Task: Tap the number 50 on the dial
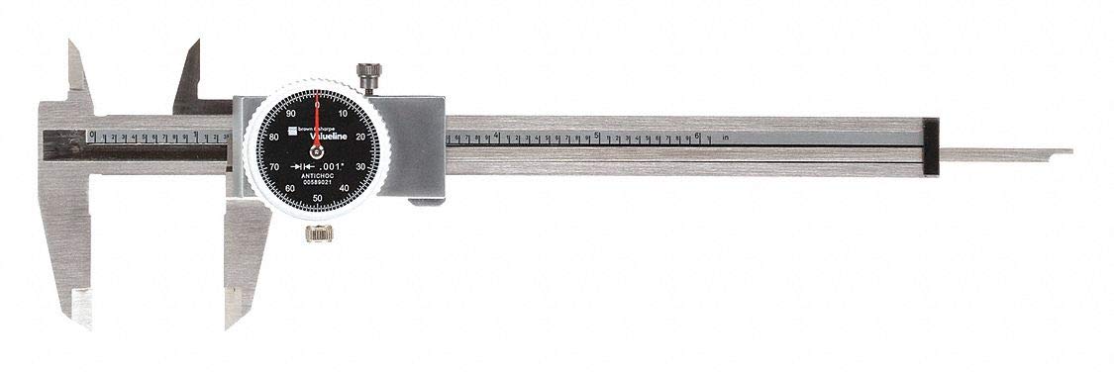(x=317, y=198)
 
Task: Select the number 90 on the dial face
(x=290, y=114)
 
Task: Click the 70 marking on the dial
(x=273, y=167)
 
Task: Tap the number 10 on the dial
(x=343, y=114)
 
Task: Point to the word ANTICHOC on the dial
(x=317, y=177)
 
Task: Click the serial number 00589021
(x=317, y=185)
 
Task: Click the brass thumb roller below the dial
(x=317, y=233)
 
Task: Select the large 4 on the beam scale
(x=496, y=135)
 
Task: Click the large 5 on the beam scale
(x=597, y=135)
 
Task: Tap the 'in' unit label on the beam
(x=726, y=137)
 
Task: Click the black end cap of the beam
(x=930, y=147)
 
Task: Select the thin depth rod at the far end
(x=1005, y=152)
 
